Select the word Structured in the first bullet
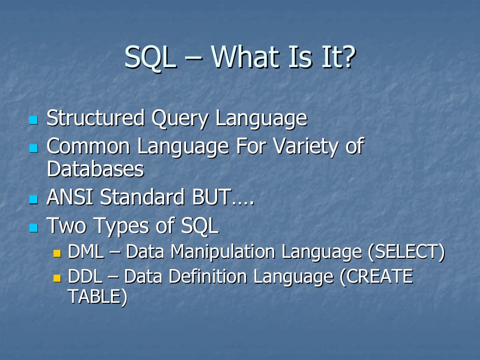pos(96,118)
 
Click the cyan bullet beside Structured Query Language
pos(33,120)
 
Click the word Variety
pos(305,147)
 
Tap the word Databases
pos(95,169)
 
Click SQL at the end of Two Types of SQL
pos(200,226)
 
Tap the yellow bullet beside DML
pos(57,254)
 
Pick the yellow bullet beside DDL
pos(57,278)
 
